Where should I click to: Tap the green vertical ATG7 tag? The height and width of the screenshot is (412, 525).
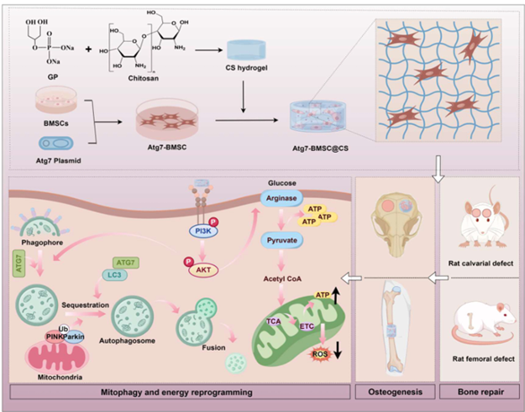(x=18, y=269)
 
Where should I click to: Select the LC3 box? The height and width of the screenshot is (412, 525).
(x=118, y=274)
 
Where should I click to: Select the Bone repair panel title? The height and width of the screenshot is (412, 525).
(x=478, y=392)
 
